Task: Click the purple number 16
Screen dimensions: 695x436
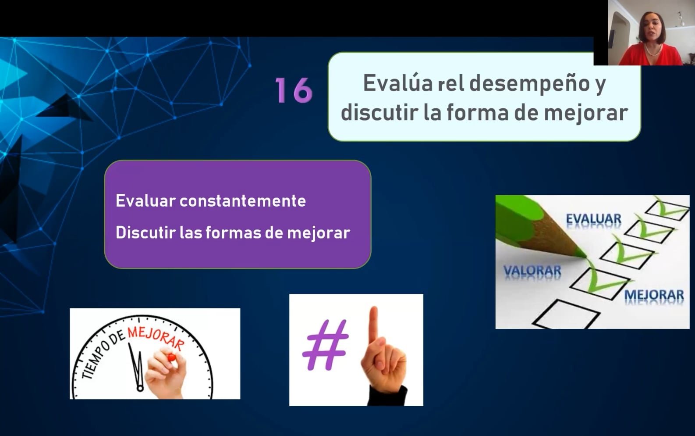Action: (294, 90)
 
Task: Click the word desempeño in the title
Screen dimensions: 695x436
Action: (529, 83)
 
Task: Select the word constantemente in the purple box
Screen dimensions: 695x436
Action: (243, 201)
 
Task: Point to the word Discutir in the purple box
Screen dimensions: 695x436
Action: (145, 232)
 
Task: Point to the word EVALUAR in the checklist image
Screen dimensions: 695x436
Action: (593, 219)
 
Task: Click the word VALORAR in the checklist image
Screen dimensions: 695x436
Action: (532, 271)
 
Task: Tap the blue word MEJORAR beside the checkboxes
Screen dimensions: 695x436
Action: (654, 295)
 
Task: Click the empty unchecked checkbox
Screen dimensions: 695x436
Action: (567, 314)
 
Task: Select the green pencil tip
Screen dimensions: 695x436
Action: (580, 253)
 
